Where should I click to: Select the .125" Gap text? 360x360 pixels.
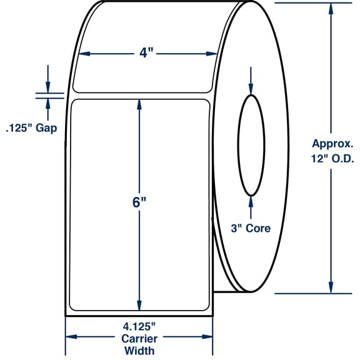coord(31,129)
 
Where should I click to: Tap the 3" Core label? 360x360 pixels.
coord(251,228)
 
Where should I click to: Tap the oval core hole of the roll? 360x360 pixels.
coord(251,145)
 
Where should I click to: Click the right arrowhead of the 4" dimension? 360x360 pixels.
coord(212,54)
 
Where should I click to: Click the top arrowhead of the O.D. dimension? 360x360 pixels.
coord(331,7)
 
